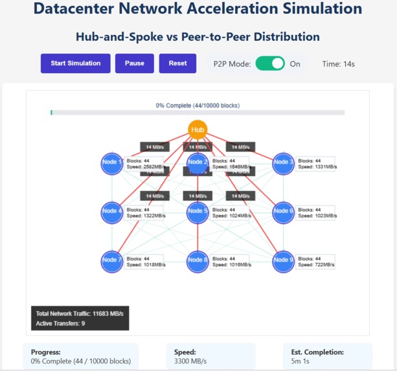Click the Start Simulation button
[76, 63]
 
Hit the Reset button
[177, 63]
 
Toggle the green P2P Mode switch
[270, 63]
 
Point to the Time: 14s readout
[338, 64]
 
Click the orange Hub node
[198, 129]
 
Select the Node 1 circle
[112, 163]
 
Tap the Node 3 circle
[283, 163]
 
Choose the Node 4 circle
[112, 212]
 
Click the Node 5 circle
[198, 212]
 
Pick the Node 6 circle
[283, 212]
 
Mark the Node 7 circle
[112, 260]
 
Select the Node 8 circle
[198, 260]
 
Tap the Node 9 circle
[283, 260]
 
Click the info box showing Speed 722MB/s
[315, 262]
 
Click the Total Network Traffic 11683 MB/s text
[79, 313]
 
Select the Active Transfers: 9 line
[60, 323]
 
